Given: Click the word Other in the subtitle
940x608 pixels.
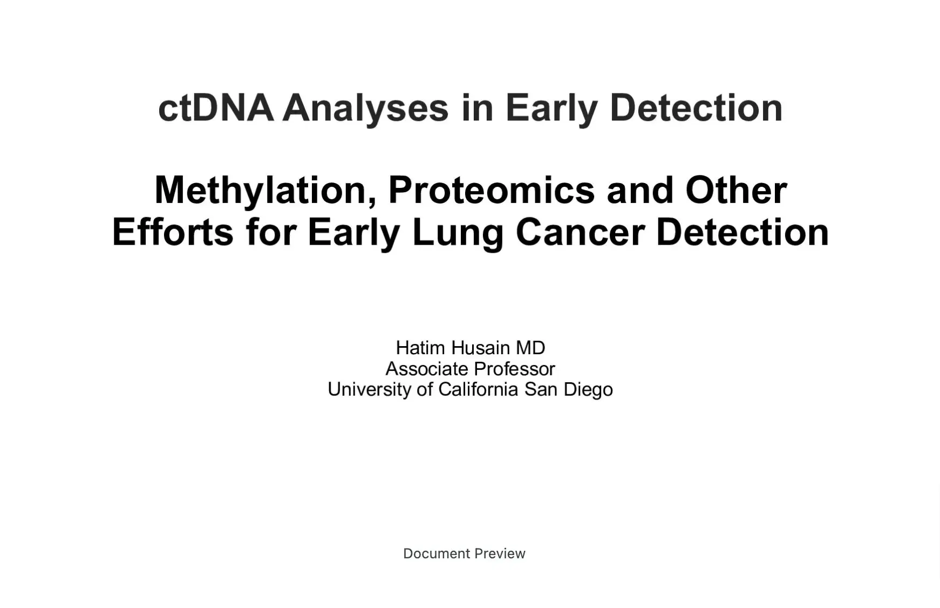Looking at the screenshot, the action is tap(736, 190).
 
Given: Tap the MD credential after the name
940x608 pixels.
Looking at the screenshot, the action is tap(530, 348).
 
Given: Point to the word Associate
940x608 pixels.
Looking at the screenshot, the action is tap(427, 369).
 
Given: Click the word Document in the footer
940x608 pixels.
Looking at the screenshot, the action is tap(437, 553).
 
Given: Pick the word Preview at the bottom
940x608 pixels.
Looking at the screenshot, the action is tap(500, 553).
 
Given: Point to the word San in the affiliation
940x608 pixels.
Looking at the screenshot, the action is tap(541, 389).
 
